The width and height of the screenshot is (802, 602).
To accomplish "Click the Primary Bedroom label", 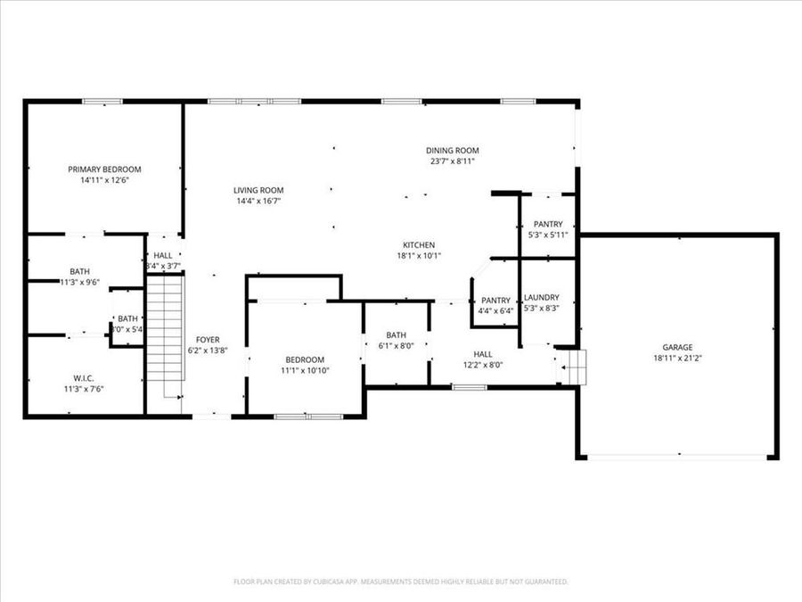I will [104, 169].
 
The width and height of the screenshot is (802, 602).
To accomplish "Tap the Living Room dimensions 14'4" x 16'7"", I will [258, 201].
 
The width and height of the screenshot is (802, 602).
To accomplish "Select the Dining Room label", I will [452, 150].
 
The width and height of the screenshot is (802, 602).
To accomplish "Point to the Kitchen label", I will [418, 244].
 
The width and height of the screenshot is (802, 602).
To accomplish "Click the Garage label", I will [677, 348].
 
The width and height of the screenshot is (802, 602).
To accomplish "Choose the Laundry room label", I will [541, 297].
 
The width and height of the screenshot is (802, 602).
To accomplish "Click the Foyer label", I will [208, 340].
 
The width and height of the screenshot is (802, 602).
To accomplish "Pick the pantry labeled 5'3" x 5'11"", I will [547, 224].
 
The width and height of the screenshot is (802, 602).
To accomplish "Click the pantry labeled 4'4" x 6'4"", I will [495, 301].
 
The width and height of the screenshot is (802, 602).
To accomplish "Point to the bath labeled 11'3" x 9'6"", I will [79, 271].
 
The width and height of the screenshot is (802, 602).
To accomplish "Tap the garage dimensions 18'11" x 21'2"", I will [677, 359].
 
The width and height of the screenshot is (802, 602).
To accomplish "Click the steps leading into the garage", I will [570, 365].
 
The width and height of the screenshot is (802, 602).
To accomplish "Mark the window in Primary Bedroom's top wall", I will [102, 102].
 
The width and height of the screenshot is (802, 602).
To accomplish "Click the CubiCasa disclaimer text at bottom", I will [400, 581].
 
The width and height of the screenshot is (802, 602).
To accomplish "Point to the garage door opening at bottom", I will [679, 457].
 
